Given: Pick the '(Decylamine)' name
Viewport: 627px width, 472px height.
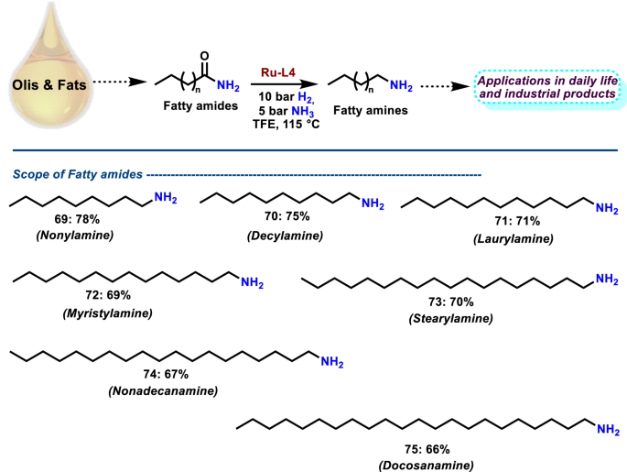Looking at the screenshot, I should [280, 236].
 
